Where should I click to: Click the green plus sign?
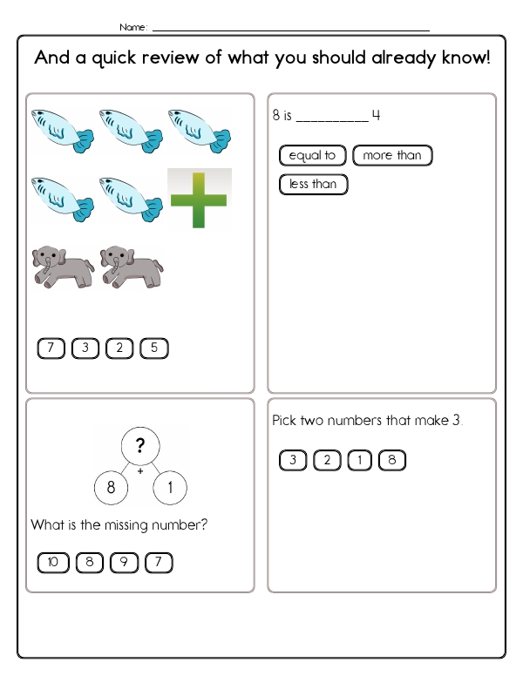tap(200, 199)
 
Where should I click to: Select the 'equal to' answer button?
tap(312, 156)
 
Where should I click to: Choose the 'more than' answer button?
tap(392, 156)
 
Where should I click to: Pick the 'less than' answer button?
tap(313, 185)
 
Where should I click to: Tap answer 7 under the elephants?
tap(51, 349)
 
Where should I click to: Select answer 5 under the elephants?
tap(153, 349)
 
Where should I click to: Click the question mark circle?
tap(139, 447)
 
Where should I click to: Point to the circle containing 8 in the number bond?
tap(111, 488)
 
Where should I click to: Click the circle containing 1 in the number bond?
tap(170, 488)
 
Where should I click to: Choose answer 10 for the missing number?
tap(52, 564)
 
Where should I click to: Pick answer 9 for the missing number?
tap(124, 564)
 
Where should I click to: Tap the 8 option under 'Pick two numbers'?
tap(392, 461)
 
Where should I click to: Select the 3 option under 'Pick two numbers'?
tap(293, 461)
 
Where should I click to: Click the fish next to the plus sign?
tap(131, 199)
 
